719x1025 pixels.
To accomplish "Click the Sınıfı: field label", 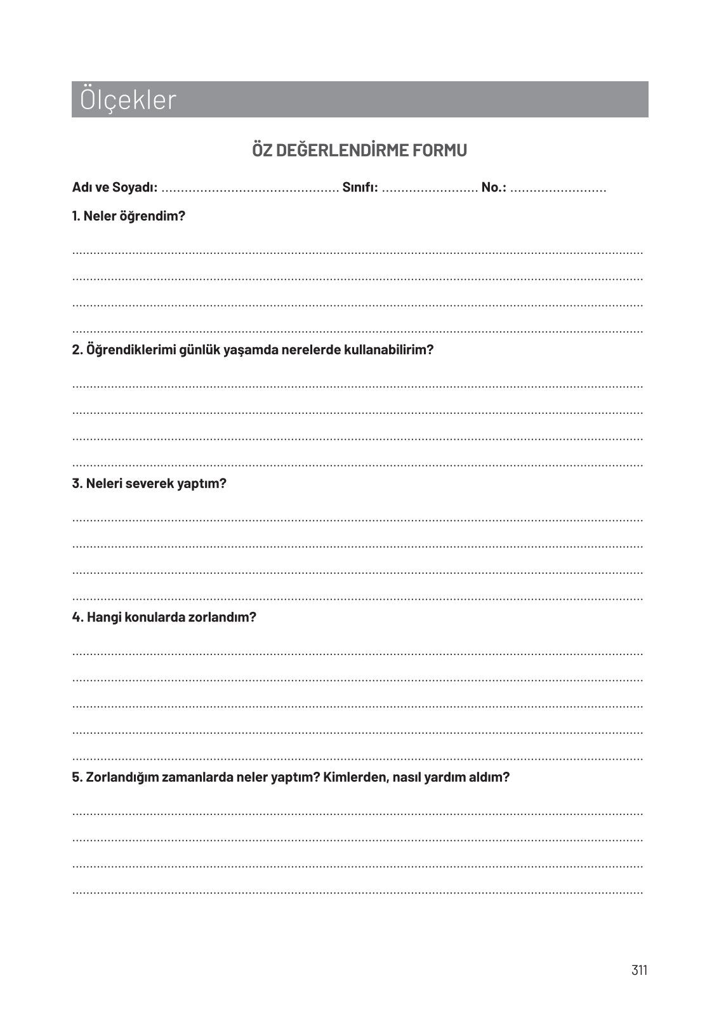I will [360, 188].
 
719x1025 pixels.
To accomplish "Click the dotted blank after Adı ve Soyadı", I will [250, 189].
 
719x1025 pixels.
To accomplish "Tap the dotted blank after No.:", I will [558, 189].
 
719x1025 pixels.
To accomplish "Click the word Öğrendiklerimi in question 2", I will [126, 350].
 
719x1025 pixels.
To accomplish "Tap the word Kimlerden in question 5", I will [355, 777].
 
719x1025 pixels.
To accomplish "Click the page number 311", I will [639, 970].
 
